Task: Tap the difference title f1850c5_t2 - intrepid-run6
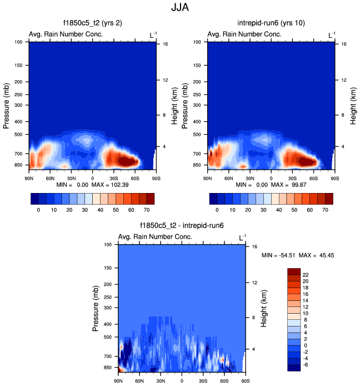point(182,226)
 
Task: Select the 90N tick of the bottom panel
point(118,381)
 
